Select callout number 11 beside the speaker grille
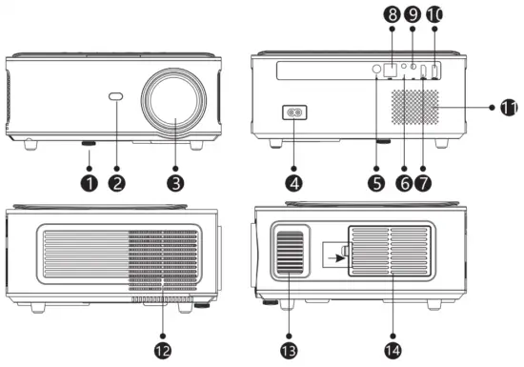click(509, 108)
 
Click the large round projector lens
click(175, 106)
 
